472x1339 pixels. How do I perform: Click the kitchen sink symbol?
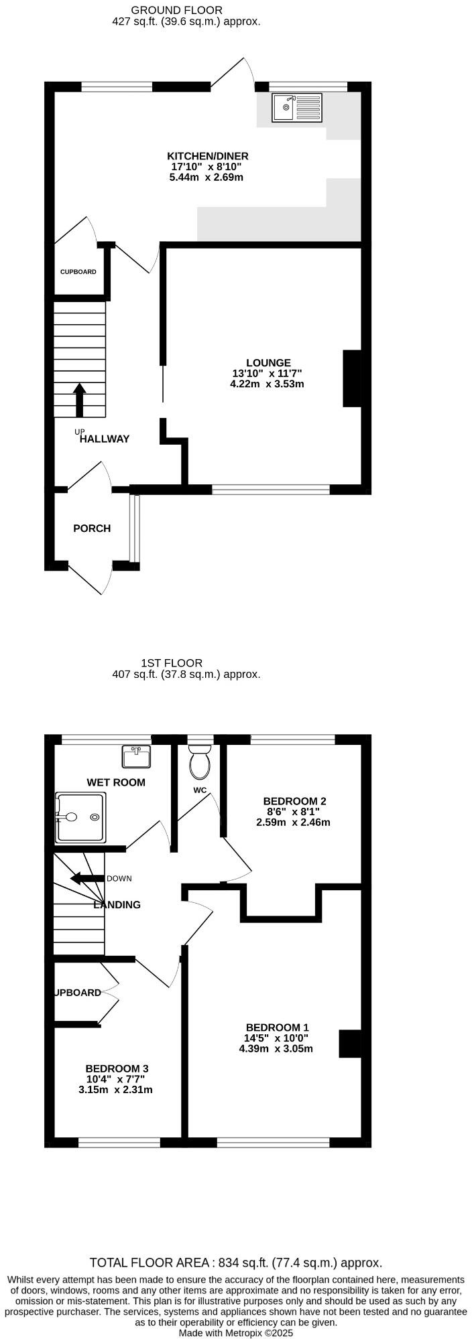click(x=297, y=107)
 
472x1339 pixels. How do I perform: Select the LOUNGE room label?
click(x=268, y=363)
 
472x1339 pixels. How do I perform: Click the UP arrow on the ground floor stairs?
click(x=80, y=400)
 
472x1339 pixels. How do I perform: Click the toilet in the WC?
click(x=200, y=764)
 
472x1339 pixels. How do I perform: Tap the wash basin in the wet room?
click(x=137, y=757)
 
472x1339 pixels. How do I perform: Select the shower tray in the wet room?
click(x=80, y=817)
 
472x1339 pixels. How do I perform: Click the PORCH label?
click(x=92, y=528)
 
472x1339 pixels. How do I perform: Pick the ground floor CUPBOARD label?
click(x=78, y=272)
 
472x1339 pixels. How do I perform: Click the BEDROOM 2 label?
click(x=294, y=801)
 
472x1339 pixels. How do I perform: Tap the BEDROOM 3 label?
click(x=116, y=1068)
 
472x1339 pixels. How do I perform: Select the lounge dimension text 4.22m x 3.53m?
click(x=267, y=384)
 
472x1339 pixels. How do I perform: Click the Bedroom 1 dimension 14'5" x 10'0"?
click(x=276, y=1038)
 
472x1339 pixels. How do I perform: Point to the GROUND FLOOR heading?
click(x=177, y=10)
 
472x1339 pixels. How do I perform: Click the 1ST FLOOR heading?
click(x=172, y=663)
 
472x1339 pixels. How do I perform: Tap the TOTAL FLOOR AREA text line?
click(x=236, y=1263)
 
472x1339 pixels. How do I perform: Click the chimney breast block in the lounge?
click(x=353, y=378)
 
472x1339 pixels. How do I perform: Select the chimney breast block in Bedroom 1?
click(x=351, y=1044)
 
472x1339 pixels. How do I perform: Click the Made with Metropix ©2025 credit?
click(x=236, y=1333)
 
